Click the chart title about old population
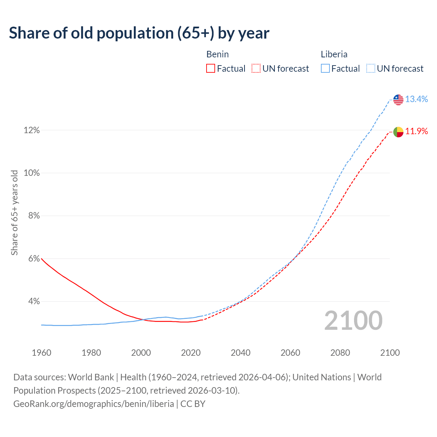139,33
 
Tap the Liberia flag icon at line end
398,100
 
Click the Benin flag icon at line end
398,132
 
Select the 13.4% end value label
417,99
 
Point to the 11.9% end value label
417,131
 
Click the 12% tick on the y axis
31,130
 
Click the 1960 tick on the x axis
41,353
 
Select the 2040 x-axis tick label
240,353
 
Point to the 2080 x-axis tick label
340,353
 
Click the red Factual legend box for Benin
211,69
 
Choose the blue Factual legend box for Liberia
325,69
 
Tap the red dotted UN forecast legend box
256,69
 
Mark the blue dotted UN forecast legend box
370,69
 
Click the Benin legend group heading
217,54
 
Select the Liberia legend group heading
334,54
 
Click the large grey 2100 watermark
353,321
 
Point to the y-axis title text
14,213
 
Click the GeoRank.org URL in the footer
94,404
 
